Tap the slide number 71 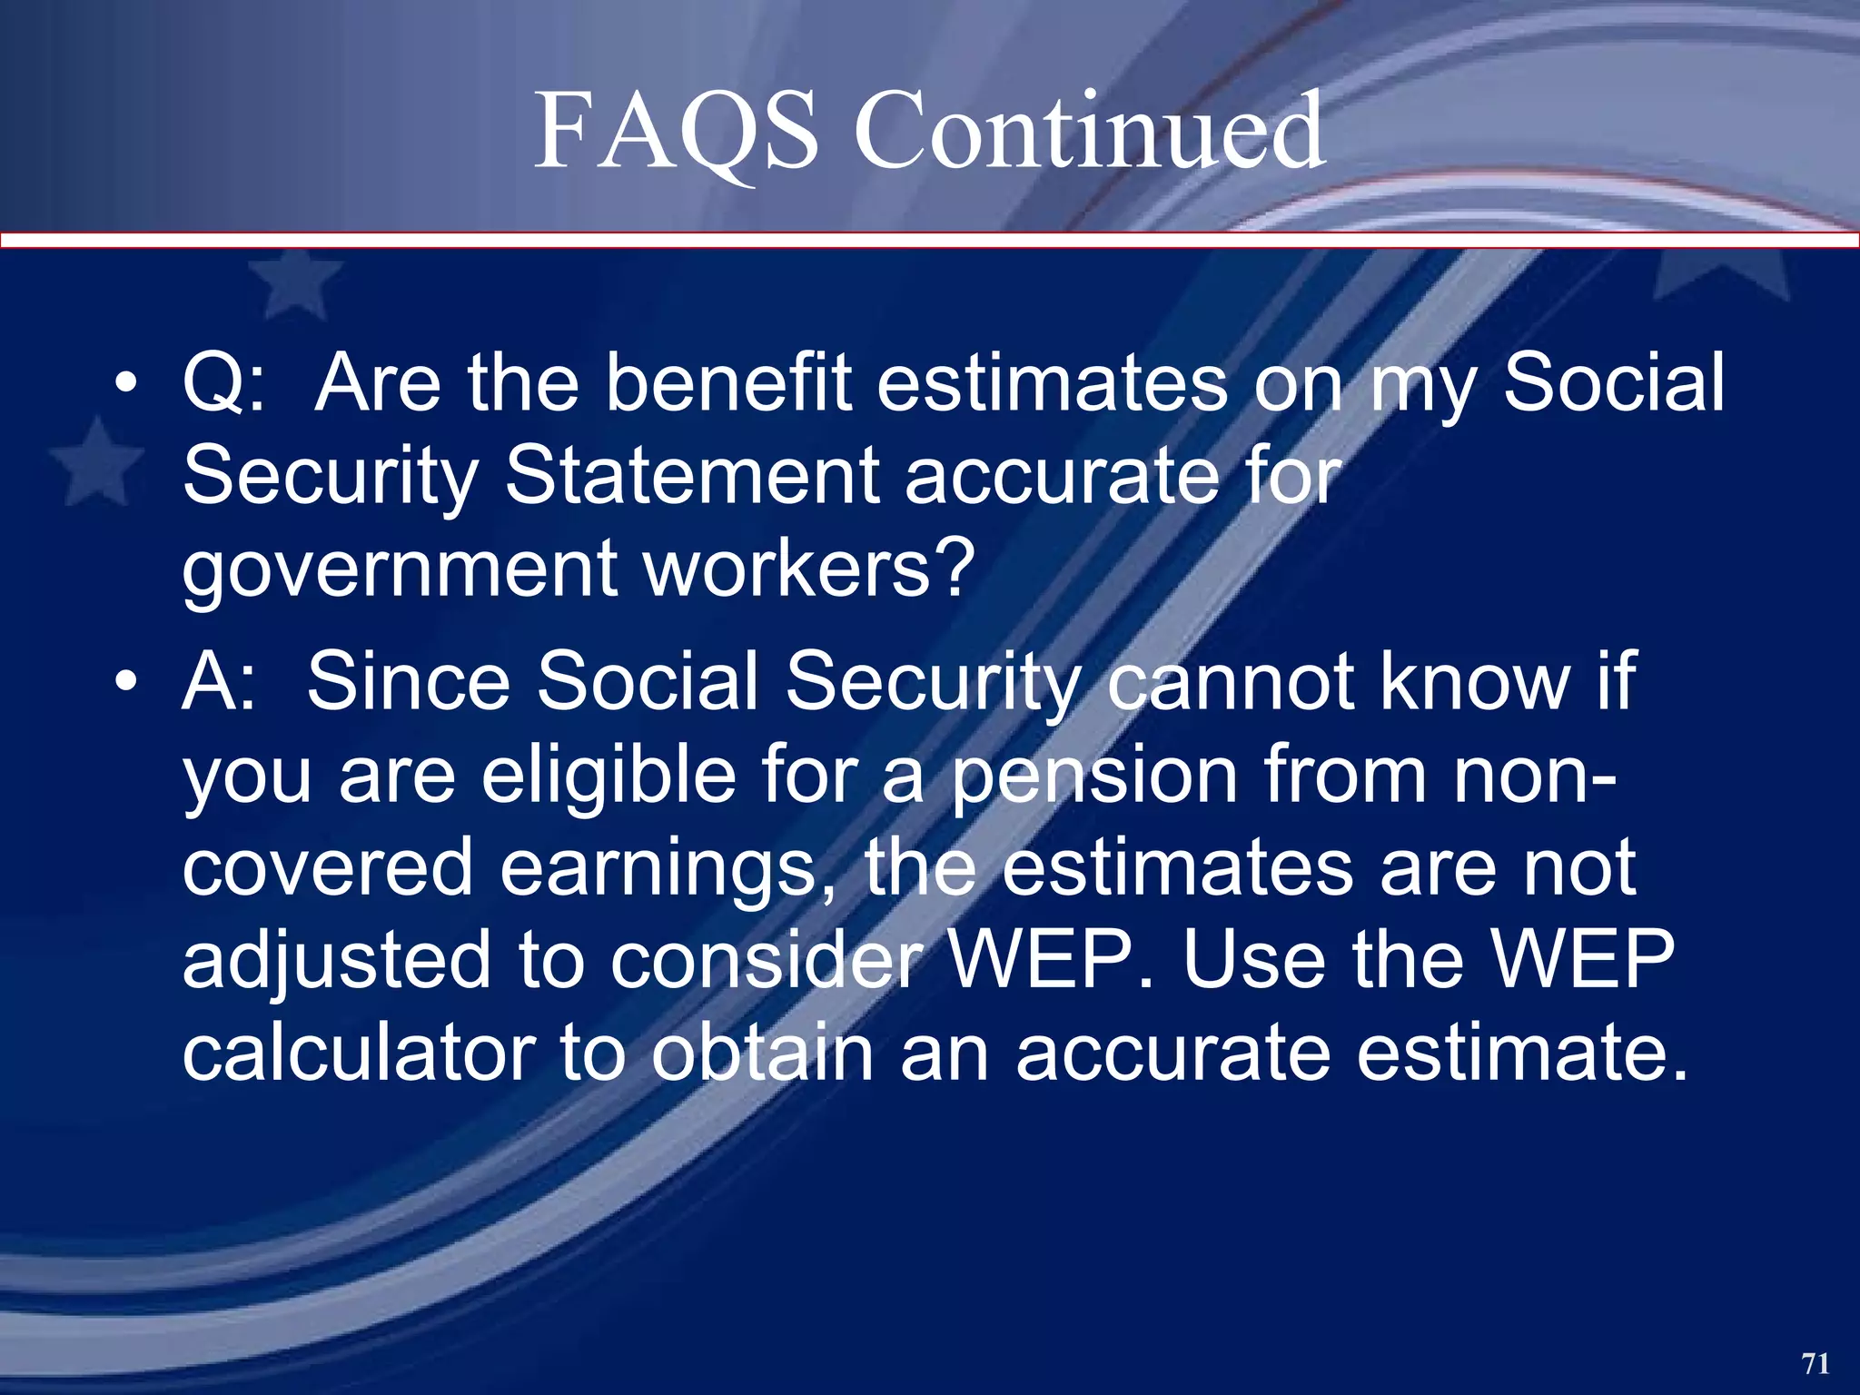[x=1815, y=1362]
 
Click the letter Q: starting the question [x=223, y=383]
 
